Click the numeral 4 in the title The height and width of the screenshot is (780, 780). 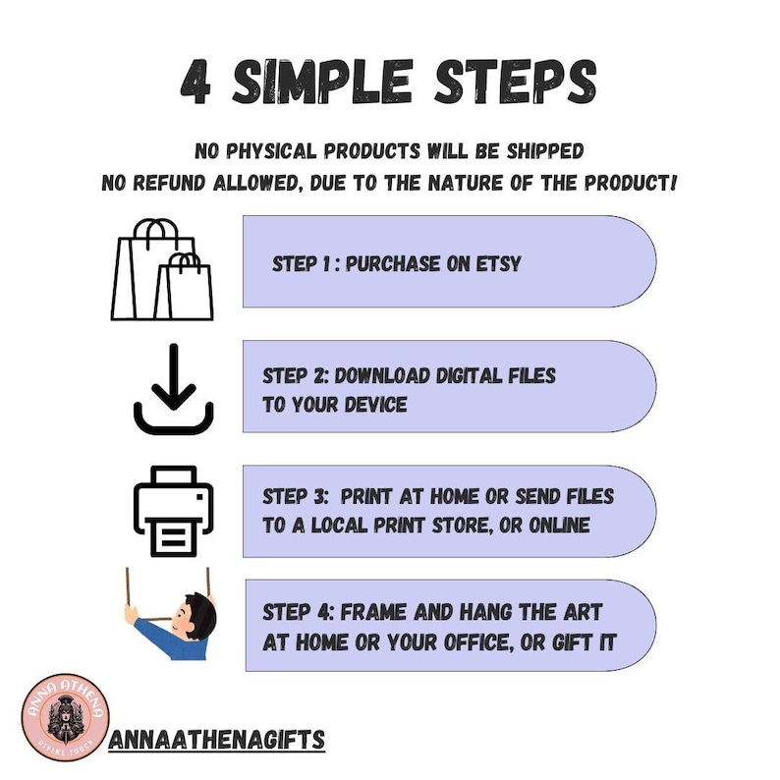pos(195,83)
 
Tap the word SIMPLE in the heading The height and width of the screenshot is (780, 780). pos(322,82)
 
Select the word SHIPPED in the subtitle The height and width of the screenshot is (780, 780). pos(545,151)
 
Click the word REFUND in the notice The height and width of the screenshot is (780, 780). pos(169,183)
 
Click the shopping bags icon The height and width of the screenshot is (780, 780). pos(162,269)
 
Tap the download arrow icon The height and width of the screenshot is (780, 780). pos(174,389)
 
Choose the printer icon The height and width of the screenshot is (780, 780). pos(173,511)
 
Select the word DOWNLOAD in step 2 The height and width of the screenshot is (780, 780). pos(382,375)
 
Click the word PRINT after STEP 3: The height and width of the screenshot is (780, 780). pos(366,496)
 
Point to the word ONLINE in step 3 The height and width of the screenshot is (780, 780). pos(559,526)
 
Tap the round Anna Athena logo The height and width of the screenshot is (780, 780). pos(65,717)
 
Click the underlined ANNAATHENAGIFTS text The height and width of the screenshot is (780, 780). pos(217,739)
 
